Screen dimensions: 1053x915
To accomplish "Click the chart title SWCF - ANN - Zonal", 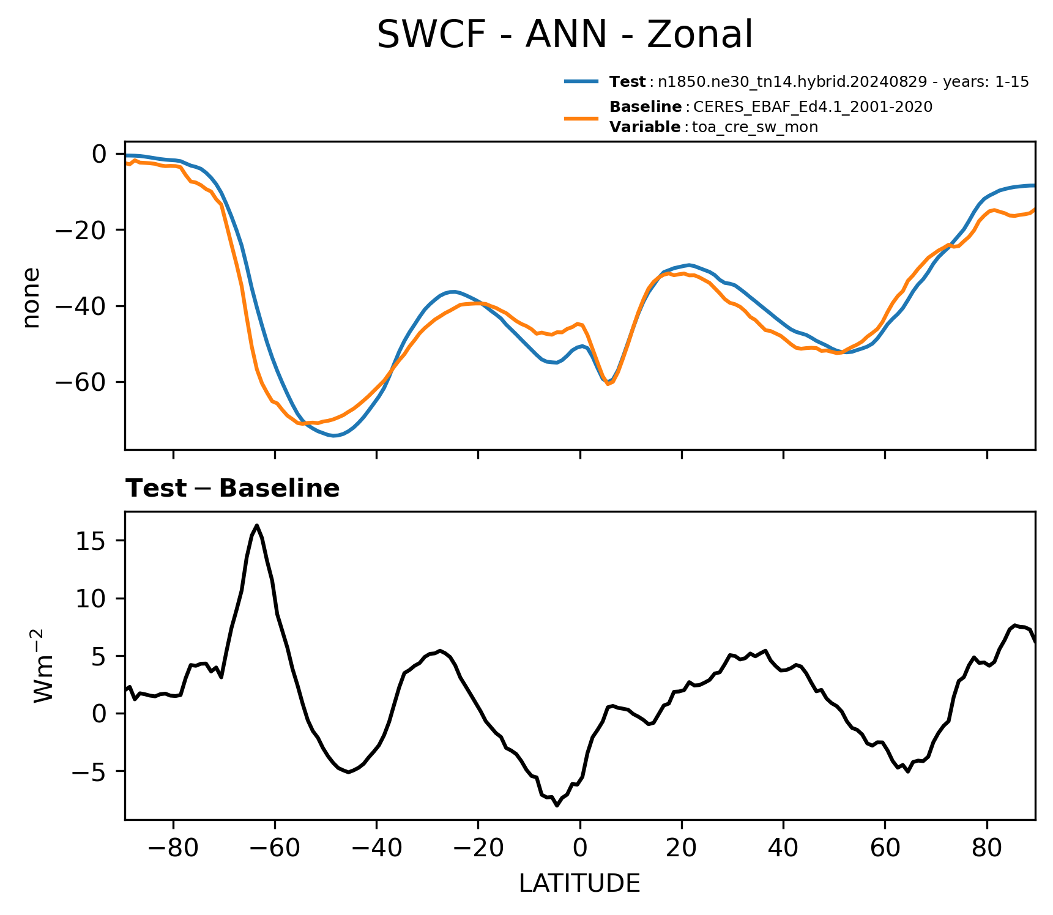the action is (x=564, y=35).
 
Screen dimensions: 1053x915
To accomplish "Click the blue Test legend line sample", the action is (x=581, y=81).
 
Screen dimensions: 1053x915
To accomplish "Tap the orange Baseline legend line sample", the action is (x=581, y=117).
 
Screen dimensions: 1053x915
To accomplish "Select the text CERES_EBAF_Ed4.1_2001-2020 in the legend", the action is (x=813, y=107).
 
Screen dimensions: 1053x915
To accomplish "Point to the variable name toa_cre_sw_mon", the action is (x=755, y=127).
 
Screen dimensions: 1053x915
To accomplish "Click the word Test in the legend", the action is (x=627, y=81).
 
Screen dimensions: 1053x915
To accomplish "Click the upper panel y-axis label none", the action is (x=31, y=297).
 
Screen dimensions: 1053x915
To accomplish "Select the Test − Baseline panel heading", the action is (x=233, y=488).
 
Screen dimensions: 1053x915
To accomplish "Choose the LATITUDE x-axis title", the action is (x=579, y=883).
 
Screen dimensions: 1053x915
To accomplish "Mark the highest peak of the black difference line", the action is (x=257, y=525).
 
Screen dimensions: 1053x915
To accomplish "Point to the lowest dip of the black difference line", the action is (x=557, y=806).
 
